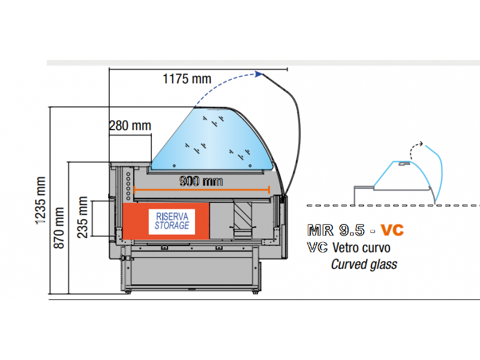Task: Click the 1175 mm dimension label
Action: point(187,78)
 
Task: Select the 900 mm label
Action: point(201,181)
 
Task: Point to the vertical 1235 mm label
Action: point(41,201)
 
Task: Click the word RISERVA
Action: point(172,215)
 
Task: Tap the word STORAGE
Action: point(172,226)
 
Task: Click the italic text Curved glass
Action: point(364,264)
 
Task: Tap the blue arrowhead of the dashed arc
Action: point(259,74)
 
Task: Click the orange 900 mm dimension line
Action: point(202,190)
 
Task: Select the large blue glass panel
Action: point(210,138)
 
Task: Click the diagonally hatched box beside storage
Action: point(244,214)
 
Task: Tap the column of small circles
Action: point(128,184)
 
